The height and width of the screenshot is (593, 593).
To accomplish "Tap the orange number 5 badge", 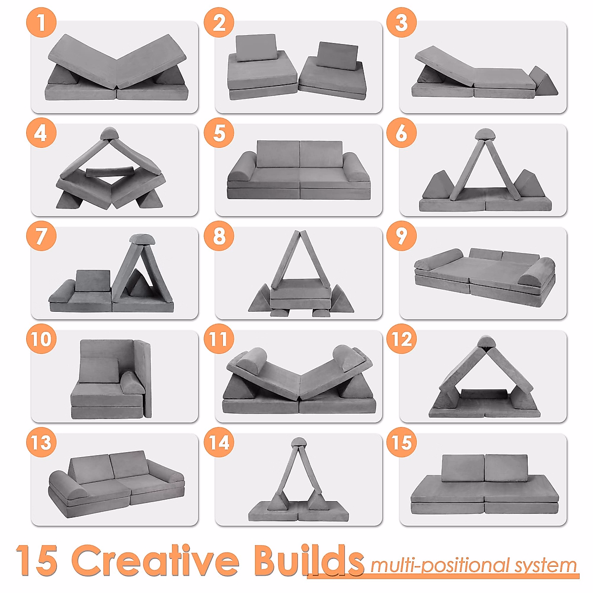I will pos(219,133).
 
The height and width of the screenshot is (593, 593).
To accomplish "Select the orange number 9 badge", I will pos(401,236).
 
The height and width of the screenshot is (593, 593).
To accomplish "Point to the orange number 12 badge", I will pos(401,339).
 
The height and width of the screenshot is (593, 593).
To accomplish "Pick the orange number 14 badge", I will pos(219,442).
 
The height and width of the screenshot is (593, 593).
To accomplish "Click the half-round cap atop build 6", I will pos(484,134).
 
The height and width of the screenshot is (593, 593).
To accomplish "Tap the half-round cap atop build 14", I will pos(298,442).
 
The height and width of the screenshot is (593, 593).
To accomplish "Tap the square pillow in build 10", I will pos(99,369).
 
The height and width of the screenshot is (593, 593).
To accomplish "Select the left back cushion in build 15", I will pos(463,468).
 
